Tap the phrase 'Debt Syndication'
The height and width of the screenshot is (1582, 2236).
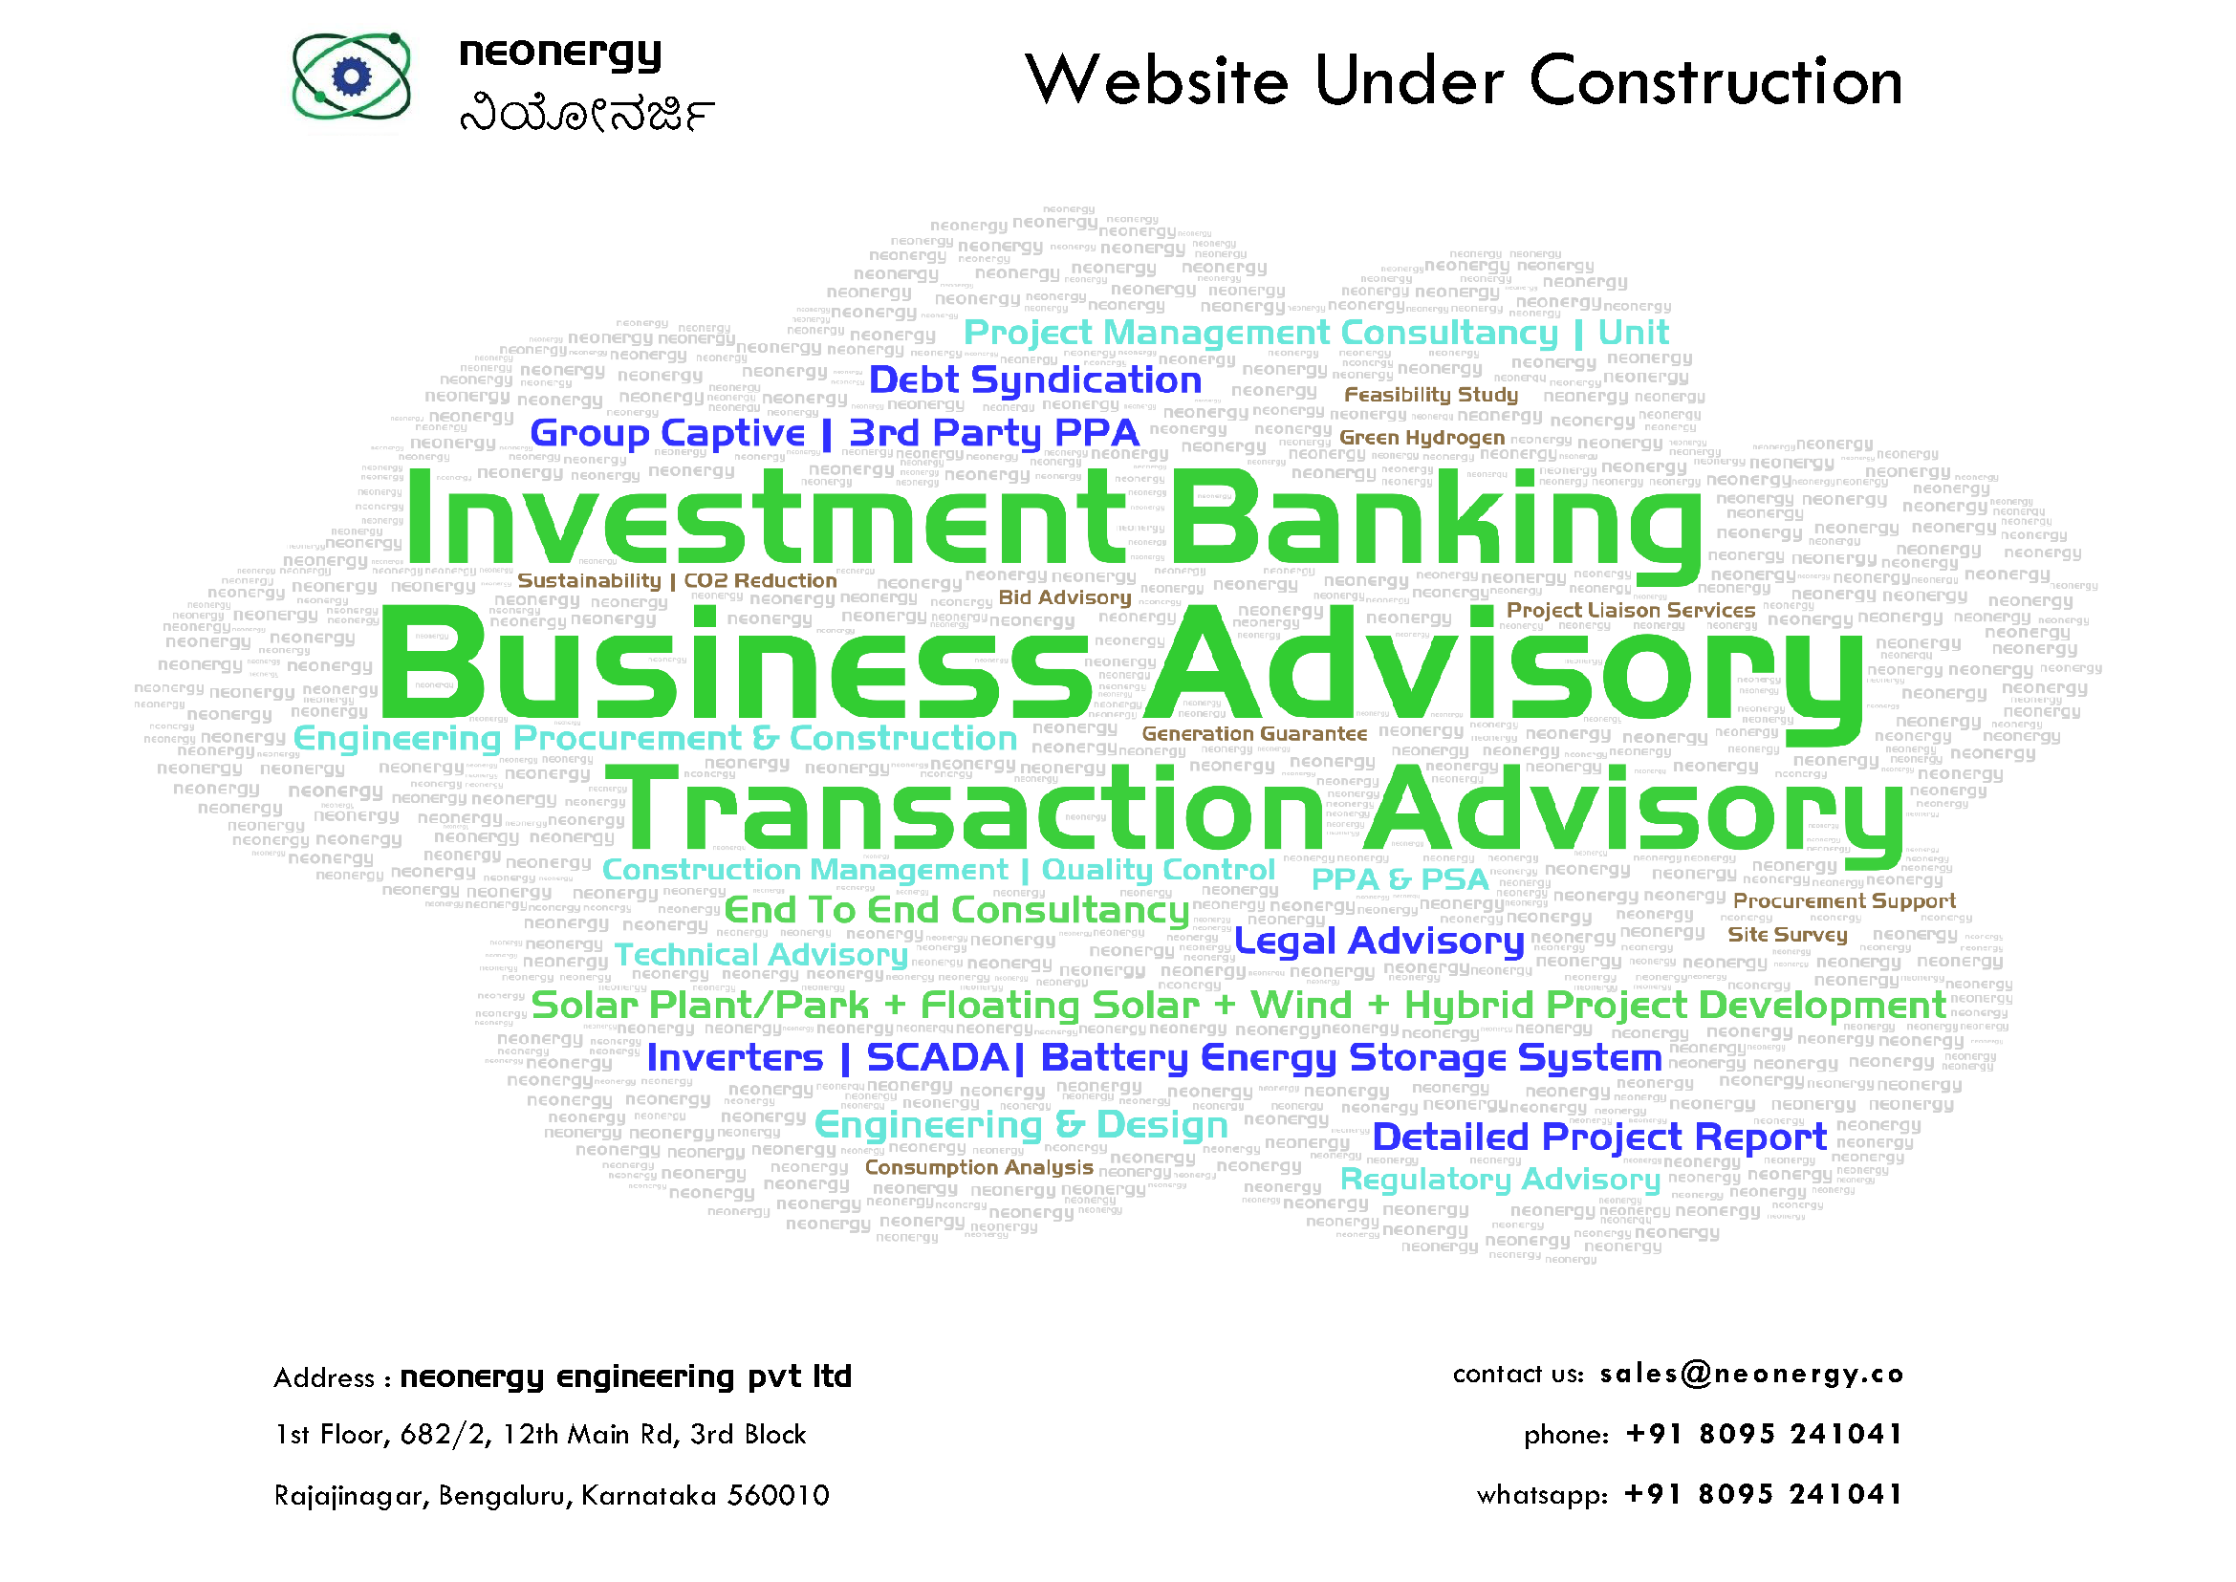[x=1034, y=379]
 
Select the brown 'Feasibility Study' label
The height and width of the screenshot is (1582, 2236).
[x=1430, y=395]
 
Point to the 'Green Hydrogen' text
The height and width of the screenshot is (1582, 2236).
[x=1422, y=438]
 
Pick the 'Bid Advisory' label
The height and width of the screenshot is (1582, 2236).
[x=1065, y=597]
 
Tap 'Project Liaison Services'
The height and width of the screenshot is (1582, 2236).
[x=1630, y=610]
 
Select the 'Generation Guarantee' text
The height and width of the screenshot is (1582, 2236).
[x=1254, y=733]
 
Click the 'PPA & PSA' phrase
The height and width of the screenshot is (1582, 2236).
[x=1400, y=878]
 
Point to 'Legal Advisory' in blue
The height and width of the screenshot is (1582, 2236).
[x=1379, y=941]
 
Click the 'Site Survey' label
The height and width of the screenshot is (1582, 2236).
[x=1787, y=934]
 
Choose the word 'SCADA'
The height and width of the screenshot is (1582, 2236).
[x=937, y=1057]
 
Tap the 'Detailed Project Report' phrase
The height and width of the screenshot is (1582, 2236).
[x=1598, y=1137]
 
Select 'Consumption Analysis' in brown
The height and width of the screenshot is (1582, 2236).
[x=979, y=1167]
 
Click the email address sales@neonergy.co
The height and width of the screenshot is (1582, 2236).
[x=1751, y=1374]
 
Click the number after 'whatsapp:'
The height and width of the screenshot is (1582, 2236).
[x=1763, y=1494]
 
